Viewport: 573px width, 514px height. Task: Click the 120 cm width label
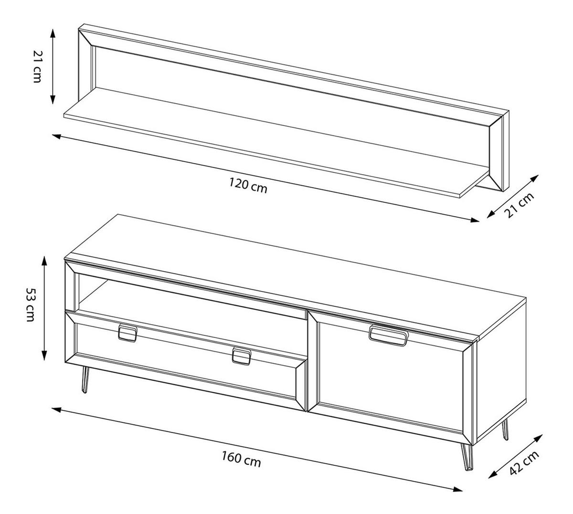(248, 185)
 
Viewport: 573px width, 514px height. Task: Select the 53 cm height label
(31, 305)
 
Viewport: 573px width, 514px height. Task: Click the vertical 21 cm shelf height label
(37, 66)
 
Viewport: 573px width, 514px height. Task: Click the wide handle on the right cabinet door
(388, 336)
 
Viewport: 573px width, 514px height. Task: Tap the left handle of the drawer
(127, 333)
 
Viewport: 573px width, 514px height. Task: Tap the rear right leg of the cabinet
(505, 429)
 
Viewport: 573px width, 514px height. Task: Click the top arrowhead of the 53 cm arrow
(44, 262)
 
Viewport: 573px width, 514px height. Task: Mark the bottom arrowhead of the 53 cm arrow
(44, 355)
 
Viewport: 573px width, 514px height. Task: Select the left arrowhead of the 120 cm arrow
(56, 136)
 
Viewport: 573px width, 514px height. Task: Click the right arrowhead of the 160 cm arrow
(458, 489)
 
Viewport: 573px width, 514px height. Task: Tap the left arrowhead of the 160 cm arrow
(56, 409)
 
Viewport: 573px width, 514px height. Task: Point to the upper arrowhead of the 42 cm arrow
(538, 438)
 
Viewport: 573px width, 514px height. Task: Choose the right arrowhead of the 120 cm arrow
(475, 220)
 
